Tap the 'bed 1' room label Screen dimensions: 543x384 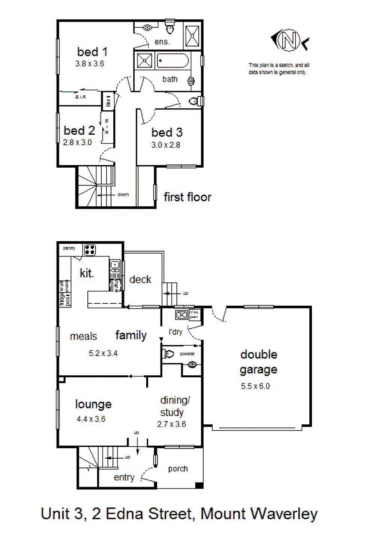tap(92, 52)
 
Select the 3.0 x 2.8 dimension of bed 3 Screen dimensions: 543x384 tap(166, 145)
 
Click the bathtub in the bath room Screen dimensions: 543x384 tap(173, 61)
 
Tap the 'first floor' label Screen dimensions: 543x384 tap(187, 197)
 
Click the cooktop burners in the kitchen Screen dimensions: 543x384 tap(90, 250)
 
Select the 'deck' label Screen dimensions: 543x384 tap(140, 279)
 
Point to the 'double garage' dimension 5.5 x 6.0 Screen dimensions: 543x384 tap(255, 386)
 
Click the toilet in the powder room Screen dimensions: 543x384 tap(168, 354)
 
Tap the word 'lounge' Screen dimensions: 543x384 tap(93, 404)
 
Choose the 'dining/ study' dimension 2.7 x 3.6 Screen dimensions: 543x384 tap(171, 424)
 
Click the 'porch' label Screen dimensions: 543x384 tap(178, 469)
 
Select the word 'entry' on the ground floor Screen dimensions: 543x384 tap(124, 477)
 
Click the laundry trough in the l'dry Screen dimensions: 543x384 tap(182, 315)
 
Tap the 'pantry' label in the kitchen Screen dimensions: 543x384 tap(69, 248)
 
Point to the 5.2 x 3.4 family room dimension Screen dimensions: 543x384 tap(103, 353)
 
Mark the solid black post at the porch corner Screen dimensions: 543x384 tap(199, 485)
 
